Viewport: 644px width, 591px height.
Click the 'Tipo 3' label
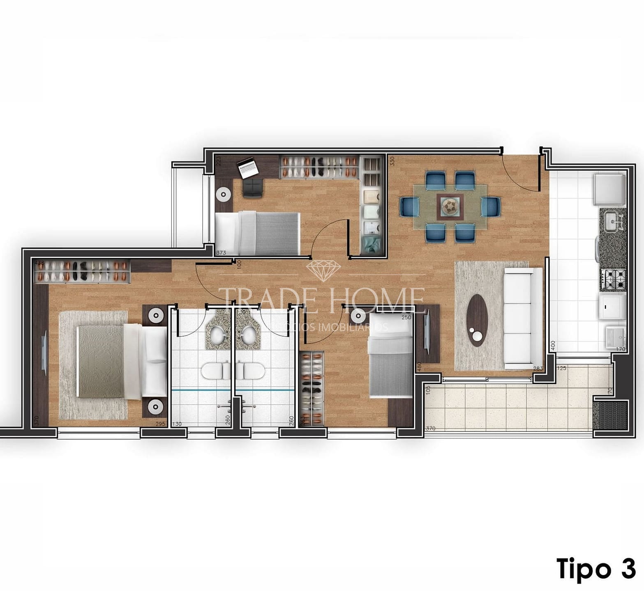pos(596,568)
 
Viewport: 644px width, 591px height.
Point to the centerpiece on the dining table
pos(450,205)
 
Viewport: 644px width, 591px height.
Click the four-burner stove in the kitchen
pos(613,279)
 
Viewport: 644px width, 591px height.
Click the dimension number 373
pos(221,252)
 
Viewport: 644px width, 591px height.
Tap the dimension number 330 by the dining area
pos(392,161)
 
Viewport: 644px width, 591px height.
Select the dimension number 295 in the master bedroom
pos(160,424)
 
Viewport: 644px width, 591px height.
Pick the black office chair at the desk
pos(252,188)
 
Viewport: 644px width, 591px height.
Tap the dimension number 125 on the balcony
pos(561,369)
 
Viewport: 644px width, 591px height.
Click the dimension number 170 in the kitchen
pos(620,349)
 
